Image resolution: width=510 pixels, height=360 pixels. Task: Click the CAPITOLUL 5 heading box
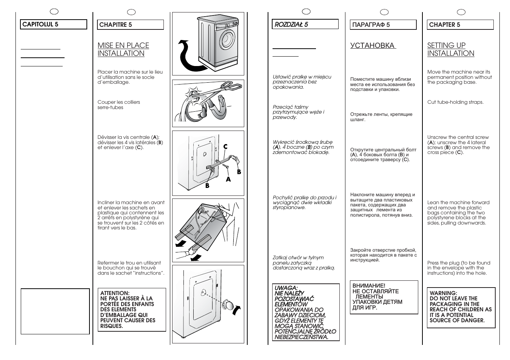pyautogui.click(x=54, y=25)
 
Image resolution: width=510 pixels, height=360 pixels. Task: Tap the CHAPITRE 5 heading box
pyautogui.click(x=131, y=25)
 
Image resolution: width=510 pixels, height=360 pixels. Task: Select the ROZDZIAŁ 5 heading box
pyautogui.click(x=305, y=25)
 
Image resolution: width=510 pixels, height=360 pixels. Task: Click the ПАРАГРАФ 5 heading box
pyautogui.click(x=383, y=25)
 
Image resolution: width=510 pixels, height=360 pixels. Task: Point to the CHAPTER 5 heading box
pyautogui.click(x=460, y=25)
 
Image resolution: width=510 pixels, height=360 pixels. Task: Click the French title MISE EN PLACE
pyautogui.click(x=123, y=46)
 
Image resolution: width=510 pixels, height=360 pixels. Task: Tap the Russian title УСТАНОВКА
pyautogui.click(x=373, y=46)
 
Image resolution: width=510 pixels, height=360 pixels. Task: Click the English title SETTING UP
pyautogui.click(x=446, y=46)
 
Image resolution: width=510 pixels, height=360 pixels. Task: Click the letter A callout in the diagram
pyautogui.click(x=228, y=180)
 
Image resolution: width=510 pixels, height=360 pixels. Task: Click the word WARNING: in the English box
pyautogui.click(x=443, y=293)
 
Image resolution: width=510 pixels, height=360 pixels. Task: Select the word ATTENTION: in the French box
pyautogui.click(x=115, y=293)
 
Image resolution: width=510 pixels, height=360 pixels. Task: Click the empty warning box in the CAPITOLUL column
pyautogui.click(x=55, y=311)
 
